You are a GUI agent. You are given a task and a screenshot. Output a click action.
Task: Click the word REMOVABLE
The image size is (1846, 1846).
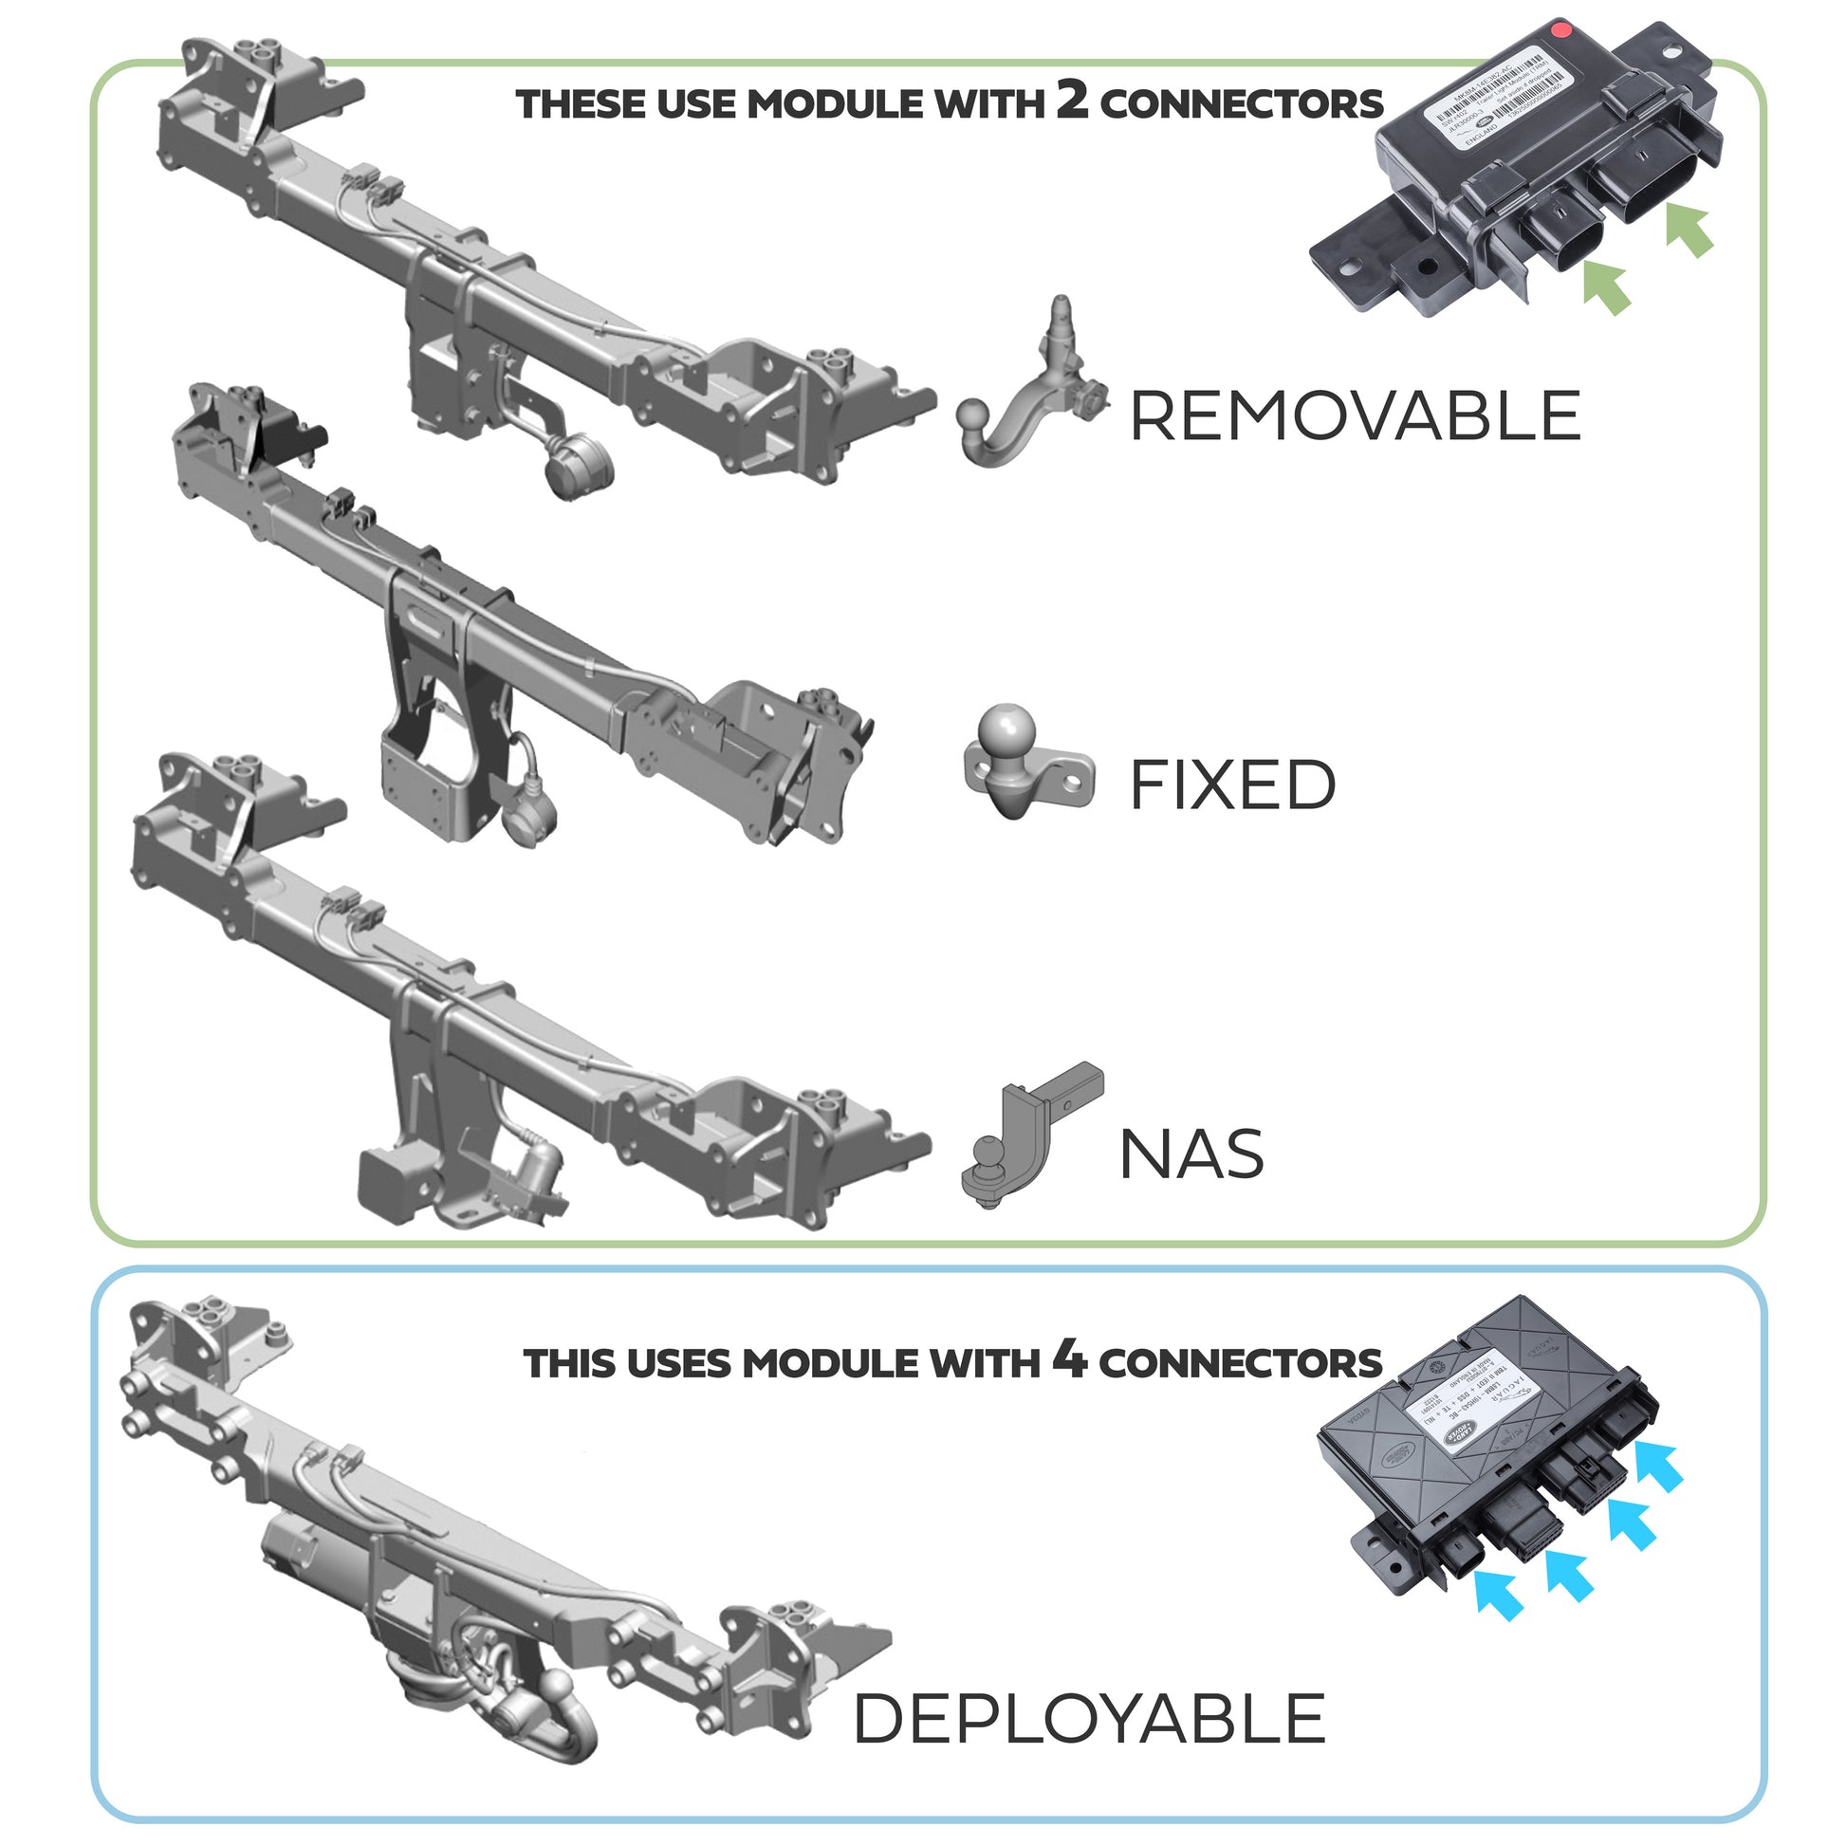(1355, 416)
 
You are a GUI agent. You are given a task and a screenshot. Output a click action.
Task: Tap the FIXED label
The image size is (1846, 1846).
(1232, 785)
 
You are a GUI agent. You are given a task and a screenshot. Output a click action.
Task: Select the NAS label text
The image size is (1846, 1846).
(1191, 1154)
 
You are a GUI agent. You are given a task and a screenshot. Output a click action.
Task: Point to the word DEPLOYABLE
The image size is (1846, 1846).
(1089, 1718)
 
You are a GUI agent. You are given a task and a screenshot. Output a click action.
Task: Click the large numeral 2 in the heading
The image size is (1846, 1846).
(1072, 100)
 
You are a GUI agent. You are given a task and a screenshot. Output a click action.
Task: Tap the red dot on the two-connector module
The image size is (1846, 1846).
(1561, 29)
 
